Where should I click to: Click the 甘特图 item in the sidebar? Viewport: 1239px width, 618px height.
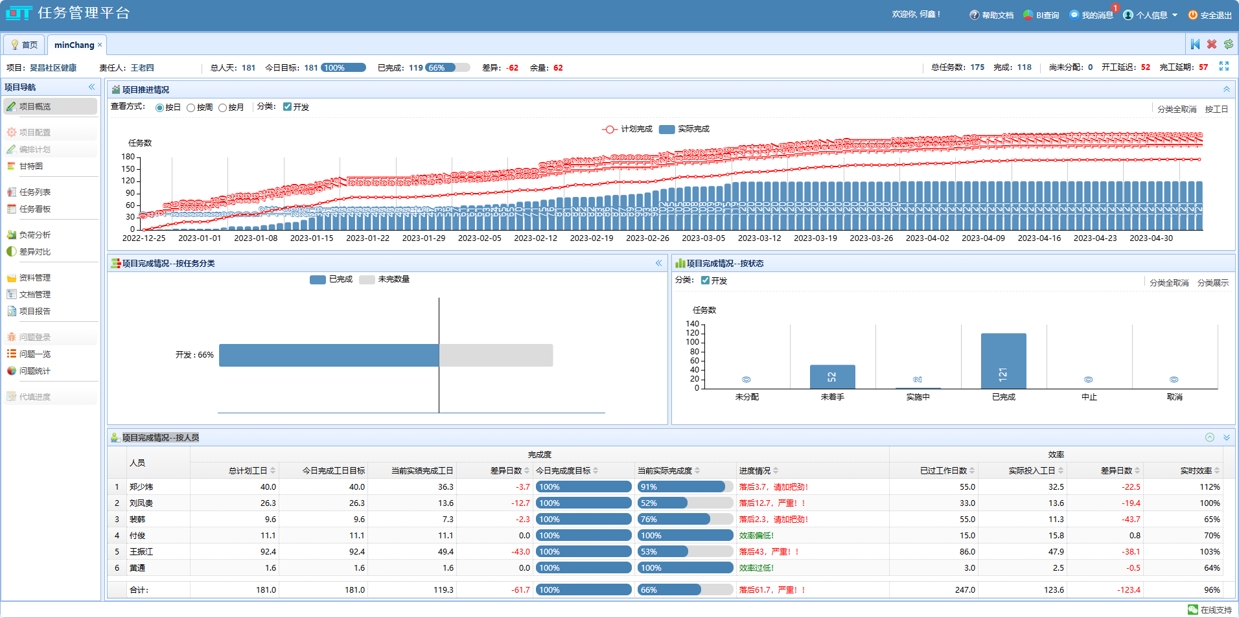(30, 166)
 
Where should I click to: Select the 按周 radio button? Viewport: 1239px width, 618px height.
(191, 108)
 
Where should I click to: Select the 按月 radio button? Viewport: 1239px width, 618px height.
(223, 108)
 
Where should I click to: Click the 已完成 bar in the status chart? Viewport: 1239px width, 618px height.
(1003, 361)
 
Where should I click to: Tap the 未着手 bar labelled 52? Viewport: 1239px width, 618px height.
(832, 377)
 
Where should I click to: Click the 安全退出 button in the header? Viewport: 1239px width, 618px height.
(1210, 15)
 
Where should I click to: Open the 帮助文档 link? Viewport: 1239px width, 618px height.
(991, 15)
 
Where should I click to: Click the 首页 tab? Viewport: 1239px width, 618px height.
(24, 45)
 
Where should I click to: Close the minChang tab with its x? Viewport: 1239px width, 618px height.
(100, 45)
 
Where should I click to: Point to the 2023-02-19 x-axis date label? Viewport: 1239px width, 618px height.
(591, 238)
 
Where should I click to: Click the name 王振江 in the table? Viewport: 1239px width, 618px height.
(141, 552)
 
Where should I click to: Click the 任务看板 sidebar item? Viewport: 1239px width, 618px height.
(34, 209)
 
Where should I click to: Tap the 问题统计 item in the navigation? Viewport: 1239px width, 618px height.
(34, 371)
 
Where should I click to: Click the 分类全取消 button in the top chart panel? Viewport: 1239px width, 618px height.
(1177, 109)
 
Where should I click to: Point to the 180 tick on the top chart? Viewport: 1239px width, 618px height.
(128, 157)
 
